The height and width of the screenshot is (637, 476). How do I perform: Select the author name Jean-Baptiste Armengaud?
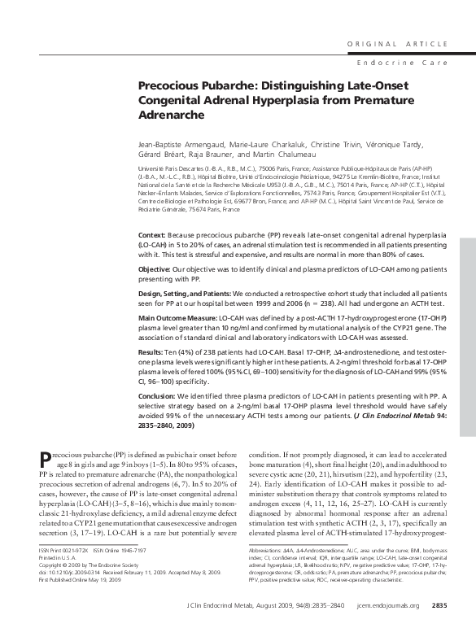pyautogui.click(x=181, y=142)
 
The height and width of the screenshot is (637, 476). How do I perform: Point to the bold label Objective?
pyautogui.click(x=157, y=268)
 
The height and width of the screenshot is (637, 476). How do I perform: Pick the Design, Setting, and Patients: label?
pyautogui.click(x=185, y=291)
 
